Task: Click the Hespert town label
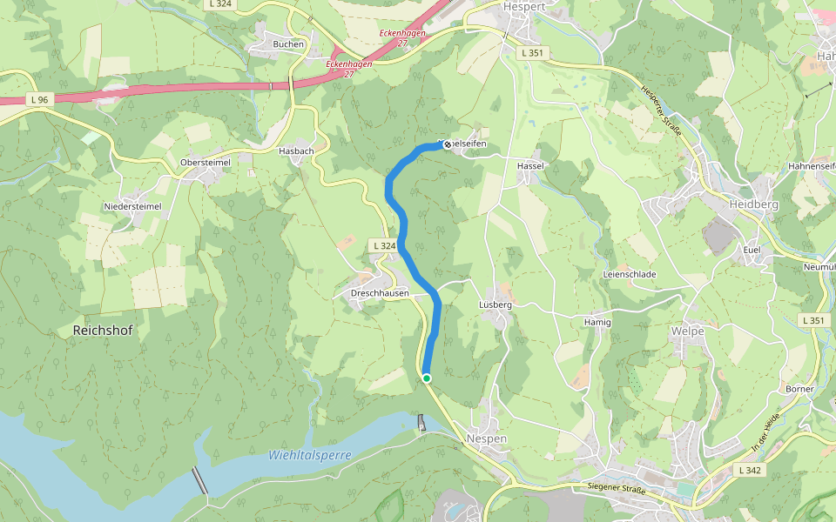click(524, 6)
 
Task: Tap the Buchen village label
click(288, 44)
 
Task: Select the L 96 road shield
click(37, 100)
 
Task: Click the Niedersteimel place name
click(132, 206)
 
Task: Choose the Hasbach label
click(295, 151)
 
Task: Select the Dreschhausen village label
click(380, 294)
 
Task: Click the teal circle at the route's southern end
click(427, 378)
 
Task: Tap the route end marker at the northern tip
click(448, 144)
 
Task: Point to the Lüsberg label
click(496, 305)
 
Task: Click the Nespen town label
click(486, 439)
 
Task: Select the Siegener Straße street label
click(617, 490)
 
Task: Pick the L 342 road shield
click(749, 470)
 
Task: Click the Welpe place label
click(687, 331)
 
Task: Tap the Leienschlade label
click(629, 274)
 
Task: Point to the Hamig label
click(597, 323)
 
